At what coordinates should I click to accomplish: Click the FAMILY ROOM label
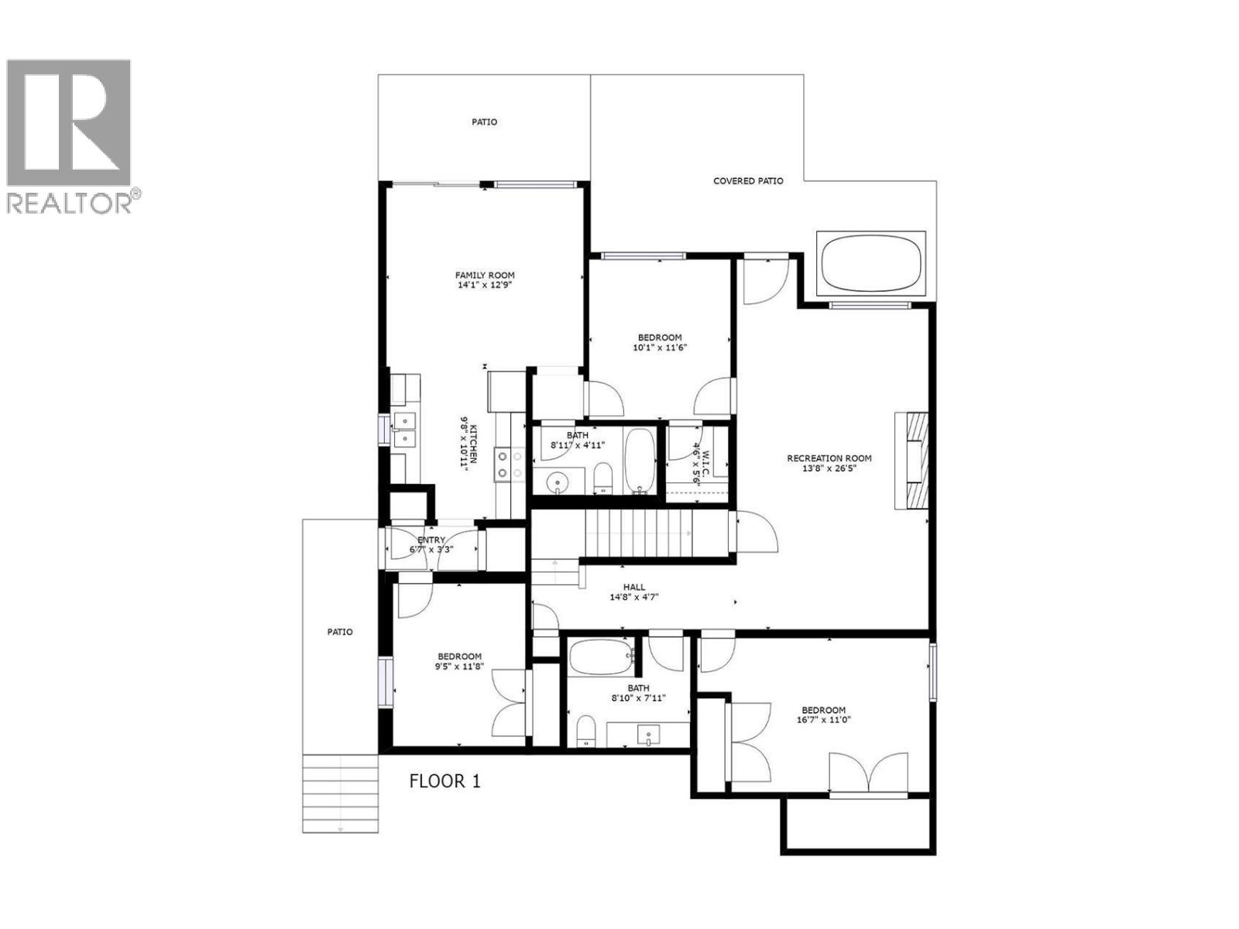485,276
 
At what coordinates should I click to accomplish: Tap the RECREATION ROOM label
829,458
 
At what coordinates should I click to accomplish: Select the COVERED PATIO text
748,181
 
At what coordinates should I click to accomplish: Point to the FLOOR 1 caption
444,781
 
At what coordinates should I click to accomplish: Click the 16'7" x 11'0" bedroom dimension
823,720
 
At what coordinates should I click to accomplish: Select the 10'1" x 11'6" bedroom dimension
660,348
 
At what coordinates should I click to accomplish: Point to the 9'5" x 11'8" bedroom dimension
458,666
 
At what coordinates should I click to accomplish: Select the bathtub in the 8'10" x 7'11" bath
602,659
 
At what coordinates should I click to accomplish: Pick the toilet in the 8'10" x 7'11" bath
585,730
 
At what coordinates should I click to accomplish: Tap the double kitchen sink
404,430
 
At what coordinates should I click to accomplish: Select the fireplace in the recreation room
911,461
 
